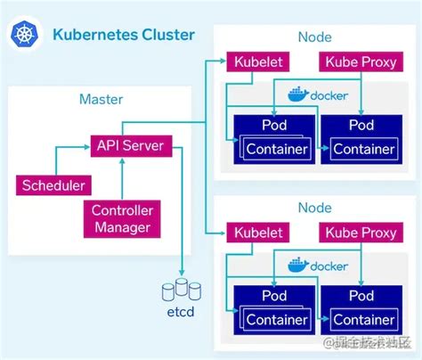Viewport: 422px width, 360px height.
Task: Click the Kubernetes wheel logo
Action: (x=23, y=36)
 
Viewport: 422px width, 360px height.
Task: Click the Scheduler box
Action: (x=53, y=185)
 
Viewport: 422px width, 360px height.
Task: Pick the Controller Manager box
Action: (x=121, y=218)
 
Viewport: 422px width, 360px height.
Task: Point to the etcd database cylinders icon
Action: (x=183, y=290)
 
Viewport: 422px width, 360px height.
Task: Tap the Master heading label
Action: (x=101, y=99)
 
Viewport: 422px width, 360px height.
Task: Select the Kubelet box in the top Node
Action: (x=259, y=61)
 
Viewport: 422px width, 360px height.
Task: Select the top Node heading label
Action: (x=315, y=37)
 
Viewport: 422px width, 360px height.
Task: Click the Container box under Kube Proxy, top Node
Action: (x=361, y=148)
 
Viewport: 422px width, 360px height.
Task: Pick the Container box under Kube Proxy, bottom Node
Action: (x=361, y=319)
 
